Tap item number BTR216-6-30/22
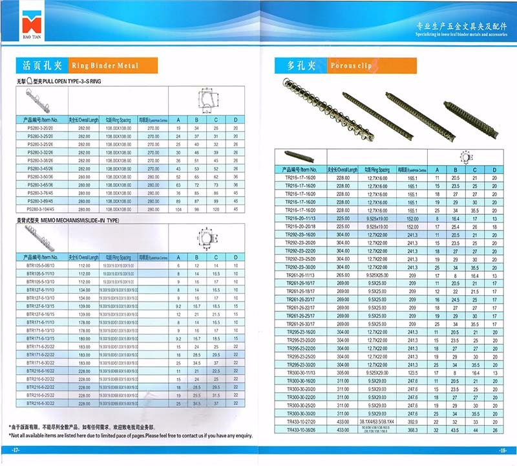(41, 403)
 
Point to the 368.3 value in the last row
(412, 429)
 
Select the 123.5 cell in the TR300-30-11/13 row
(412, 373)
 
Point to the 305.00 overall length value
(343, 373)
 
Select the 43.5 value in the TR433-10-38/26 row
(456, 429)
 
